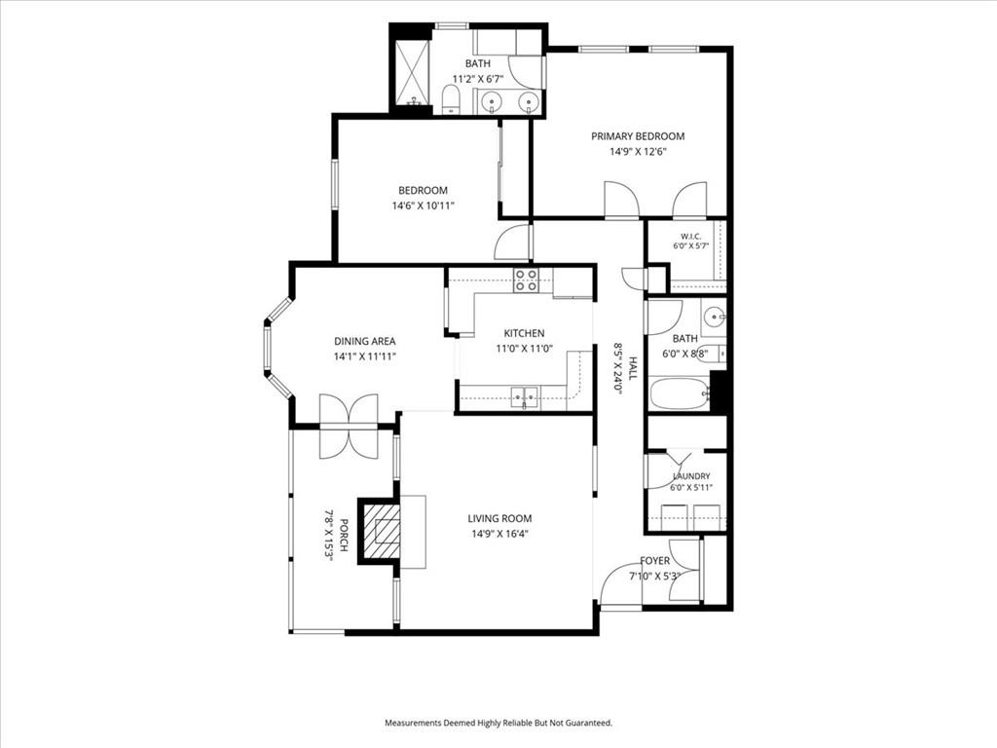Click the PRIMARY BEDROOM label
[638, 136]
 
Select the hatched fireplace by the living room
[381, 531]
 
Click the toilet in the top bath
[450, 100]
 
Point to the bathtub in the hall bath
[679, 394]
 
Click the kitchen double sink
[524, 397]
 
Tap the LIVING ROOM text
[499, 518]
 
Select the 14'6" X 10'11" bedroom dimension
[423, 206]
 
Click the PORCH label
[344, 537]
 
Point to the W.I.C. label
[690, 237]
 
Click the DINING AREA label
[365, 342]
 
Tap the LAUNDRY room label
[691, 476]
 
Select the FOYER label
[655, 561]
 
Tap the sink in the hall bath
[716, 315]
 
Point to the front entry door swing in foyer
[620, 585]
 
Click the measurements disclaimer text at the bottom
[498, 724]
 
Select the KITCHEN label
[524, 333]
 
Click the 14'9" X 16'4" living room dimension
[499, 535]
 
